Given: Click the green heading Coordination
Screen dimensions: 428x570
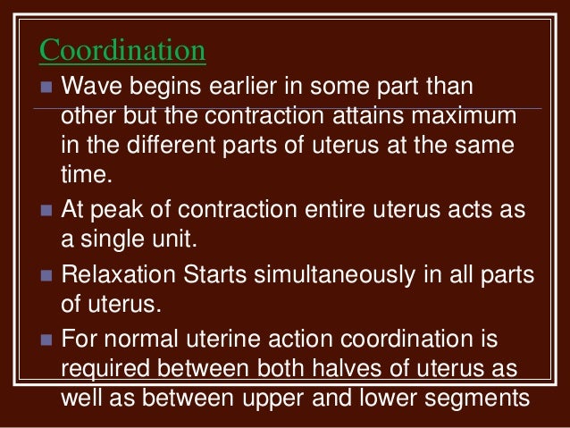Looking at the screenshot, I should click(123, 51).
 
